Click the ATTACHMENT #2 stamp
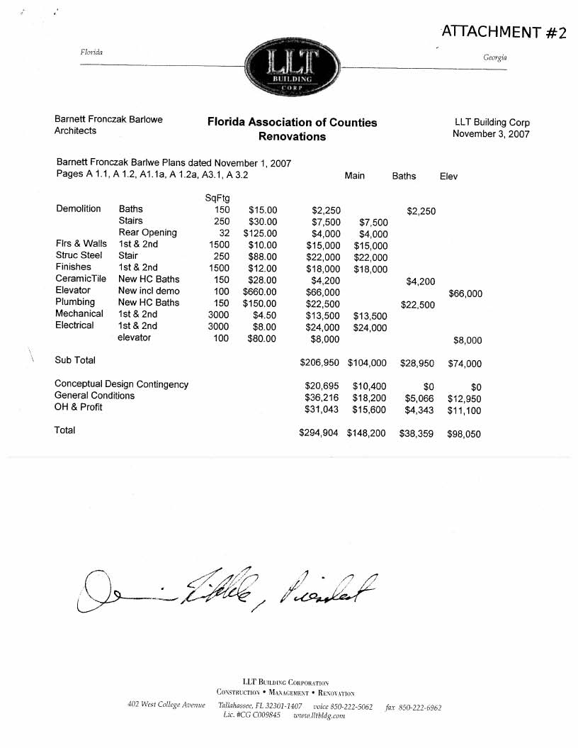pyautogui.click(x=504, y=32)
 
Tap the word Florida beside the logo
pyautogui.click(x=92, y=52)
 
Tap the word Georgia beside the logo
pyautogui.click(x=494, y=57)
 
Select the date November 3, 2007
pyautogui.click(x=491, y=134)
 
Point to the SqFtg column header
pyautogui.click(x=217, y=197)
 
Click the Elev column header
pyautogui.click(x=448, y=176)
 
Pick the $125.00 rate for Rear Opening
pyautogui.click(x=260, y=233)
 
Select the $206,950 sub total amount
pyautogui.click(x=320, y=363)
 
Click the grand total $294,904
pyautogui.click(x=319, y=432)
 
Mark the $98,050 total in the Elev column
pyautogui.click(x=464, y=434)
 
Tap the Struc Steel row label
pyautogui.click(x=79, y=255)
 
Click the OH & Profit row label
pyautogui.click(x=79, y=407)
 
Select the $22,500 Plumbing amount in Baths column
pyautogui.click(x=417, y=305)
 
